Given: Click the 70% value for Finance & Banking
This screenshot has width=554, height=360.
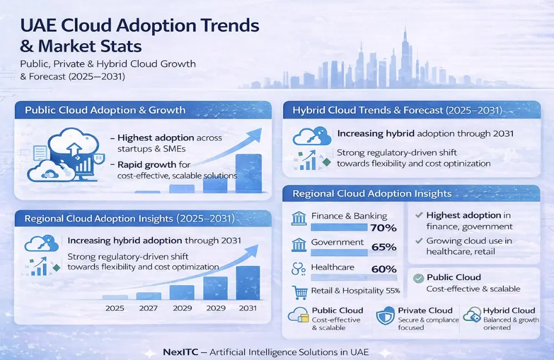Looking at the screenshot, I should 384,228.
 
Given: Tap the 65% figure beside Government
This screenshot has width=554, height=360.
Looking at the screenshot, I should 384,248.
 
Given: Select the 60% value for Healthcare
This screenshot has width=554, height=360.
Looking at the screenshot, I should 384,270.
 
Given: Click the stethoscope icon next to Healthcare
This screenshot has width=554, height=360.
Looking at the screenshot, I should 299,269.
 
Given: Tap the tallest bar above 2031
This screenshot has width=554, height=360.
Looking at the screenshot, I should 248,283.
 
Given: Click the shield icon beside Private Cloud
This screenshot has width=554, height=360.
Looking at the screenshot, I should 385,316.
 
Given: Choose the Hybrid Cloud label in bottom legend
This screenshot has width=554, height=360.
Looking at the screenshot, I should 509,311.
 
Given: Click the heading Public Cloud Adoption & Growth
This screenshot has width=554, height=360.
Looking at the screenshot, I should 105,110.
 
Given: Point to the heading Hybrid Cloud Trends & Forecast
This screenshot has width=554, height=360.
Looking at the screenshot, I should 397,110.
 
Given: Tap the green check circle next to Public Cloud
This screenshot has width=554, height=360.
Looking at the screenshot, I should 419,277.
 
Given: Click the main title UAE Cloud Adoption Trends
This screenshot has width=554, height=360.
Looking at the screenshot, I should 139,25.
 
